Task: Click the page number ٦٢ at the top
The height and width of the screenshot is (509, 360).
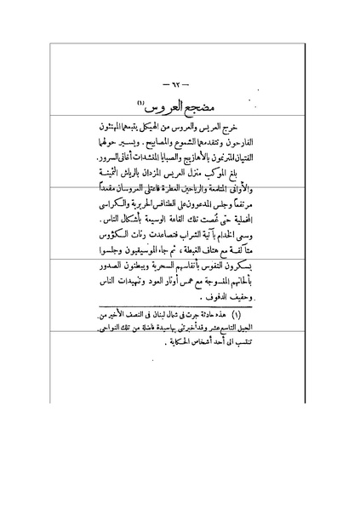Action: tap(180, 84)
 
